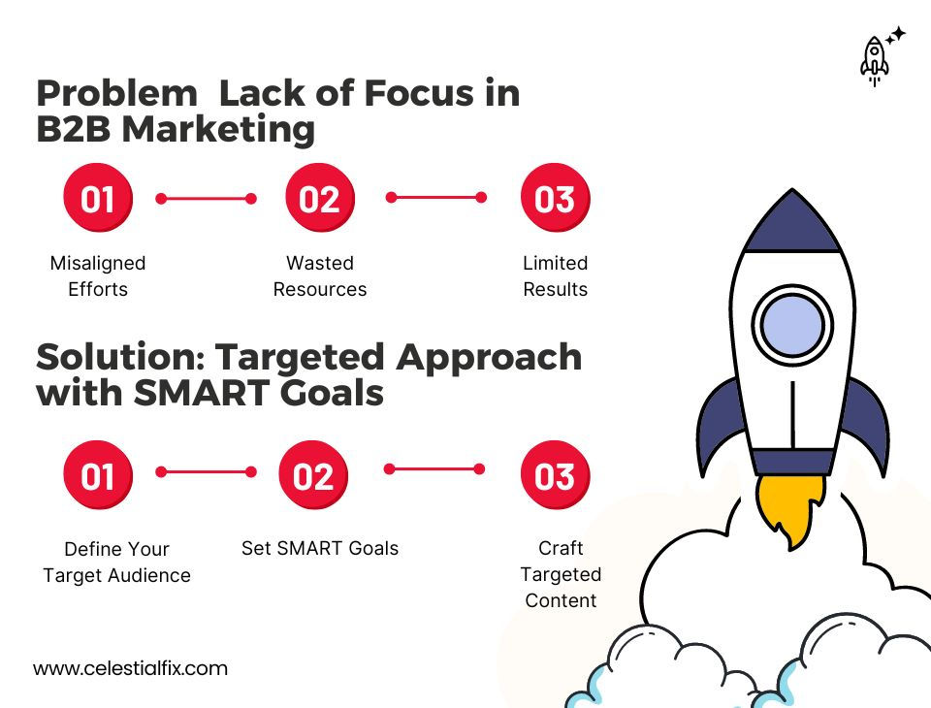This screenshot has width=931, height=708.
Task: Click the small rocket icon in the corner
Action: point(874,59)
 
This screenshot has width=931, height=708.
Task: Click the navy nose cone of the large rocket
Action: point(792,224)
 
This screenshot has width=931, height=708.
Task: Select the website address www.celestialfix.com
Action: point(130,668)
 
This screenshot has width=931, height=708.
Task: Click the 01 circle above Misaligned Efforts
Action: point(97,198)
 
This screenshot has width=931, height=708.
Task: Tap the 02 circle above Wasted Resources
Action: point(319,198)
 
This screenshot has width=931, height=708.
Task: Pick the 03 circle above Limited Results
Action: point(555,198)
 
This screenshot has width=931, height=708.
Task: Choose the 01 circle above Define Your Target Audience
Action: point(97,475)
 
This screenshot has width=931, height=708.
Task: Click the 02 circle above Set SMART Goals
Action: point(312,475)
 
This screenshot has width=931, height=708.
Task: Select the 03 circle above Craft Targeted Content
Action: point(555,475)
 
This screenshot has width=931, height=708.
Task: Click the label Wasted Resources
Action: point(320,276)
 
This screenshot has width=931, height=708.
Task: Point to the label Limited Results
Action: point(556,276)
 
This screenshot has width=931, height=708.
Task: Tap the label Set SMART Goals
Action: point(320,548)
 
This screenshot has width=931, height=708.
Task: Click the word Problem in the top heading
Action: point(116,94)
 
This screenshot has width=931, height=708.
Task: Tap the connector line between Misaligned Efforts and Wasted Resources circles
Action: point(206,199)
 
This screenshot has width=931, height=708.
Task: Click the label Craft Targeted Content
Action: point(561,574)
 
